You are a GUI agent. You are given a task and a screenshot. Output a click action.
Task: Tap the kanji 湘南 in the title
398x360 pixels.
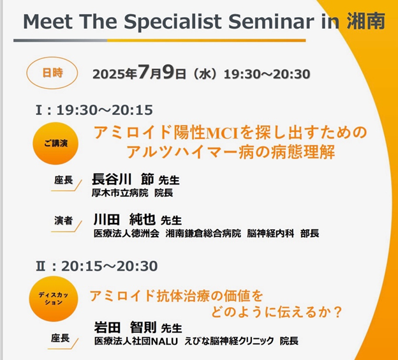365,21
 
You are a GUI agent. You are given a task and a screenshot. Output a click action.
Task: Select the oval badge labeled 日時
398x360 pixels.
52,73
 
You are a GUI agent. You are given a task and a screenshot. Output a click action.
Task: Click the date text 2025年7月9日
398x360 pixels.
139,73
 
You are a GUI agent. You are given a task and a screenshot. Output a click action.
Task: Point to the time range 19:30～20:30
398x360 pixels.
267,74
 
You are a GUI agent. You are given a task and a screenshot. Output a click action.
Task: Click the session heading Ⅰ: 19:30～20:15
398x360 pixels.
94,110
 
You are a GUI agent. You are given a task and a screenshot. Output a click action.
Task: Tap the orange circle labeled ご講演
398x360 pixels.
55,143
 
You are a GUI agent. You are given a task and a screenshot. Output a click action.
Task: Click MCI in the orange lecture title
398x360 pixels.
221,133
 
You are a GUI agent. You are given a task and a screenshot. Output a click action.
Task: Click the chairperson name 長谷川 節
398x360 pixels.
123,179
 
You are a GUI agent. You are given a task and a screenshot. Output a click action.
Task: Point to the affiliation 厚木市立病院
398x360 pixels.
120,193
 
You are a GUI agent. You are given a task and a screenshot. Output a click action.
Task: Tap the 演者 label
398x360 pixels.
63,220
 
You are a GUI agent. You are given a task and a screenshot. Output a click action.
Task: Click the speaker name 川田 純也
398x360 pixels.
124,219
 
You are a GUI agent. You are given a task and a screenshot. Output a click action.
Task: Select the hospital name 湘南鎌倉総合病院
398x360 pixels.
203,233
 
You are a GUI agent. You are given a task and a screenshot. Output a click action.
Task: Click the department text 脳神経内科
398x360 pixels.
270,233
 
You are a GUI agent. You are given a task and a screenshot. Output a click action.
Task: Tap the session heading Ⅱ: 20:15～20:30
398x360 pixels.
97,266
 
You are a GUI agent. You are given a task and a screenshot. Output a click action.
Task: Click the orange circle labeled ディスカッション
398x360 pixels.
54,299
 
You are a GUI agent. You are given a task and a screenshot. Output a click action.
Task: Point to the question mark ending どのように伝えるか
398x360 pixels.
337,312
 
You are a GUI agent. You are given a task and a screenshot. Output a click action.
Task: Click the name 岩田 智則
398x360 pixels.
125,327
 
